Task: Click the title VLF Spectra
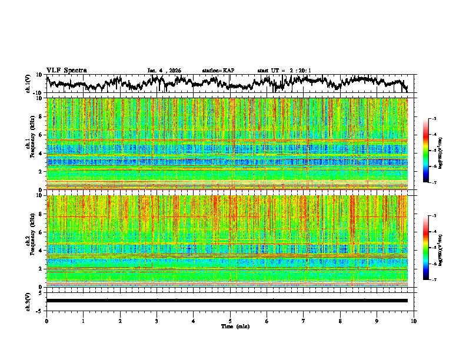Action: point(66,71)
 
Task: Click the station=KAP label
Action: point(218,71)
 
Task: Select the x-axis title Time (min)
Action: point(235,326)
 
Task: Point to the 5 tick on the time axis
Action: point(230,321)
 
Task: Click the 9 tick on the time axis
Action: point(377,321)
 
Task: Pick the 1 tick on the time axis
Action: point(83,321)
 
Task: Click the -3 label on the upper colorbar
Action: point(434,119)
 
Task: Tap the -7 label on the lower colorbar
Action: point(434,280)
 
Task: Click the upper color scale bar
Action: point(426,151)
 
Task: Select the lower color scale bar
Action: point(426,248)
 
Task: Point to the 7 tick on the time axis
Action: point(304,321)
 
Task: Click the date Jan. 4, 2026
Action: point(164,71)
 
